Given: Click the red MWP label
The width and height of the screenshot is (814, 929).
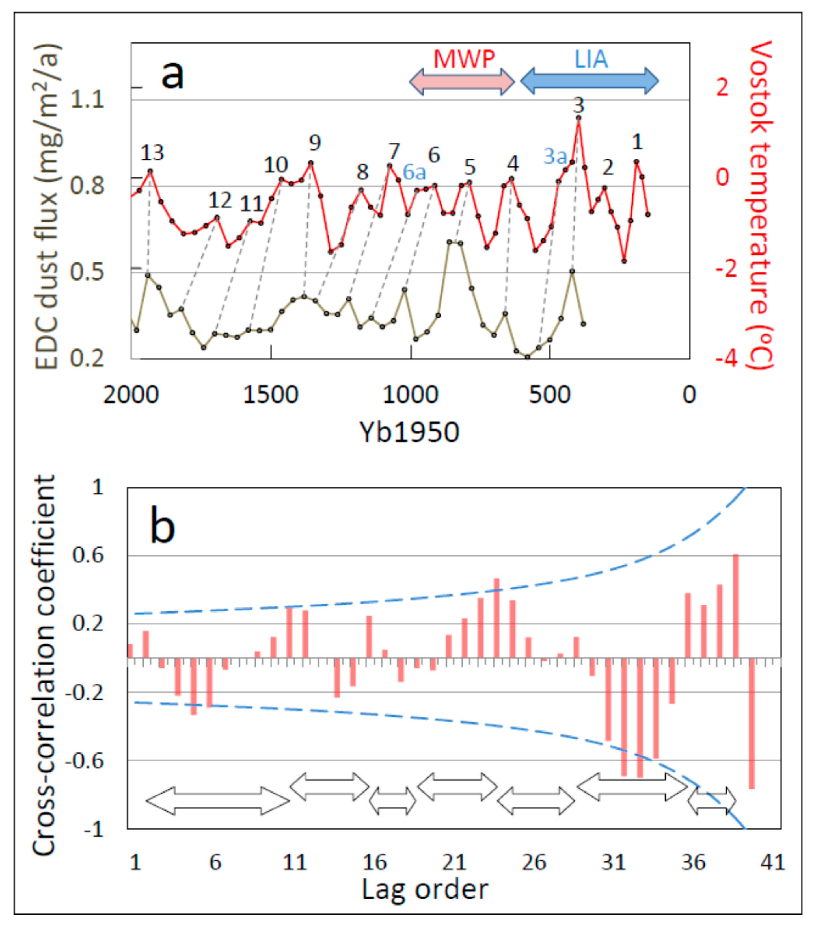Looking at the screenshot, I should tap(463, 59).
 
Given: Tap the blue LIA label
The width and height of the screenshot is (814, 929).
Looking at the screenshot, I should tap(591, 59).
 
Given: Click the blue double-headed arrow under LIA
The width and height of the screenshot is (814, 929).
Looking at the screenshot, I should tap(589, 81).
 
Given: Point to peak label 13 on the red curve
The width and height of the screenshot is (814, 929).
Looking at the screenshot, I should tap(152, 153).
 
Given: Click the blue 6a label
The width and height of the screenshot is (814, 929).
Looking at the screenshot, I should tap(414, 172).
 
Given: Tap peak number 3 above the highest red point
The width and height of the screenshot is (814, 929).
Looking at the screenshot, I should tap(578, 106).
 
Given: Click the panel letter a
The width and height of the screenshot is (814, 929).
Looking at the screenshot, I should tap(173, 75).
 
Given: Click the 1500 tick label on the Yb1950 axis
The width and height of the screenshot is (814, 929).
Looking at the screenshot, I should tap(271, 394).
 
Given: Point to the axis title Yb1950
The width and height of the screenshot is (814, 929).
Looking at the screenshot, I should tap(409, 432).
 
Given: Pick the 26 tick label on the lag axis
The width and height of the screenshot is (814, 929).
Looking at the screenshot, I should tap(534, 862).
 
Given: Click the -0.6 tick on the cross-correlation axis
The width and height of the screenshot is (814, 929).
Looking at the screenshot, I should tap(85, 760).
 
